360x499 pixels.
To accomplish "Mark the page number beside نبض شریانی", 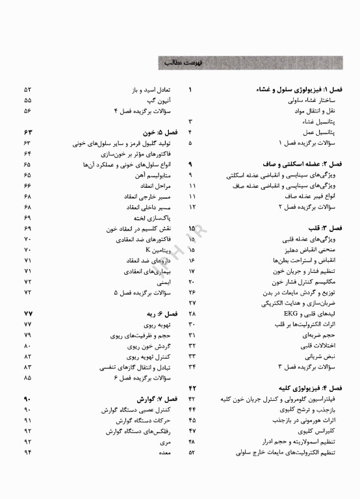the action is pyautogui.click(x=192, y=356).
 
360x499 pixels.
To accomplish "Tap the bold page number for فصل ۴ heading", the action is pyautogui.click(x=192, y=388).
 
